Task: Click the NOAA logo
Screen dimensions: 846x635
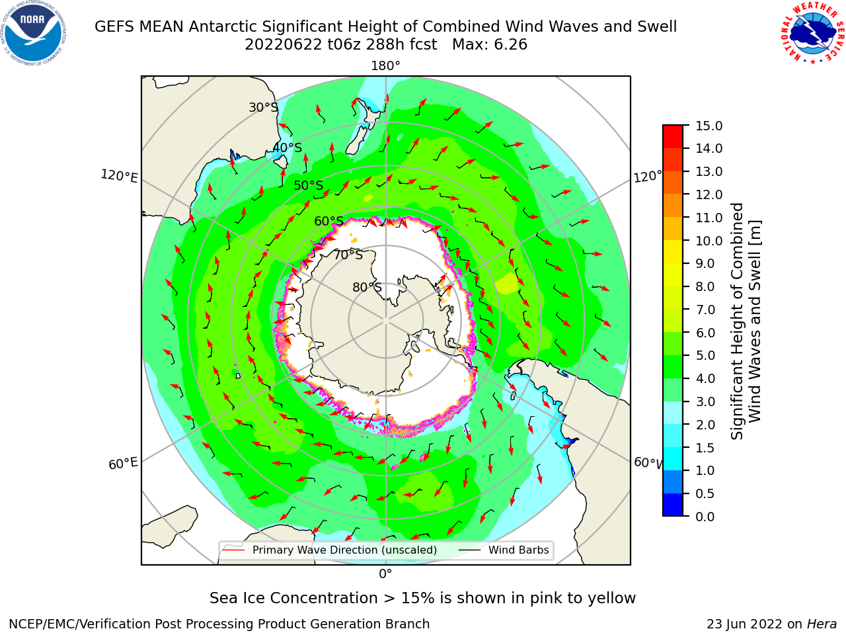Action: [34, 33]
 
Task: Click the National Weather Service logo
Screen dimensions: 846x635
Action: [812, 33]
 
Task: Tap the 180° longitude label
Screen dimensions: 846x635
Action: [385, 66]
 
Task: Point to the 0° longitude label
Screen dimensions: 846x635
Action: [385, 574]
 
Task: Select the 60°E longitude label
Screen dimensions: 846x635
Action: [123, 464]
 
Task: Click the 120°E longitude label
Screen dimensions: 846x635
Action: [119, 176]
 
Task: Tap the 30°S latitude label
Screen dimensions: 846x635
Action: [263, 107]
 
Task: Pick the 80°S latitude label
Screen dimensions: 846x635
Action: [367, 287]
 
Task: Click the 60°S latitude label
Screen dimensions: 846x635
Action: [328, 221]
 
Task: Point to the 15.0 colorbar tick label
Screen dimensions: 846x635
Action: [709, 126]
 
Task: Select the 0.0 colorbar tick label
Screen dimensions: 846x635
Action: [705, 517]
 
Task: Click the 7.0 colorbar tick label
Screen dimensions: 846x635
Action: [705, 310]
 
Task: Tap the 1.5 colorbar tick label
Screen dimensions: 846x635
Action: [705, 448]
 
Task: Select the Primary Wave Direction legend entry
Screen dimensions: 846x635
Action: [330, 550]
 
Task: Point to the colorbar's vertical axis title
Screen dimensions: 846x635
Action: [746, 321]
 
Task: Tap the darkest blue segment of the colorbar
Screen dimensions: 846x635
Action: [673, 505]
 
